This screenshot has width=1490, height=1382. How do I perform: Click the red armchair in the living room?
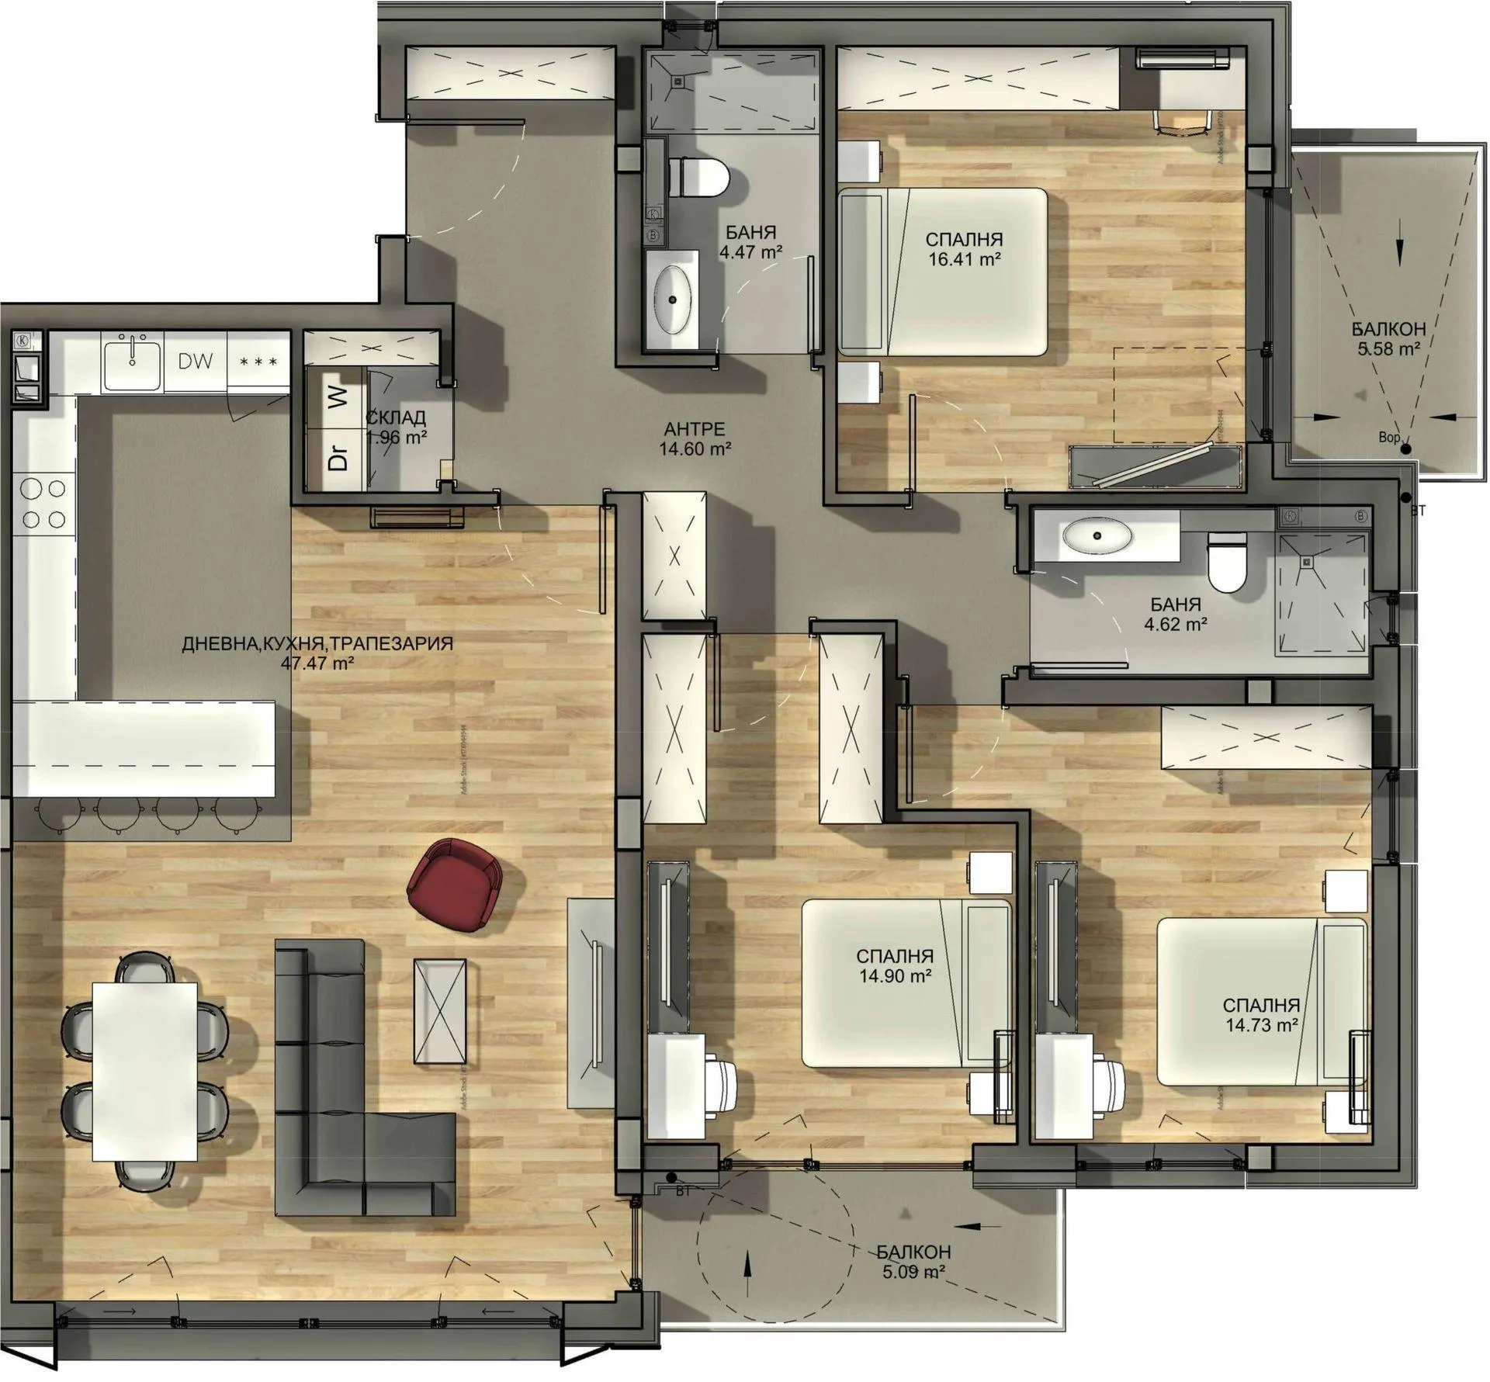(455, 883)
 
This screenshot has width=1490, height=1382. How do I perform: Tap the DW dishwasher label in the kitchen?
(196, 361)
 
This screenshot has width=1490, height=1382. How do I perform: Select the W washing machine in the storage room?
(337, 399)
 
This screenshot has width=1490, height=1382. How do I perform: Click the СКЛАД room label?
(396, 417)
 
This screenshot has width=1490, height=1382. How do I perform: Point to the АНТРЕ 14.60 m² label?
(695, 438)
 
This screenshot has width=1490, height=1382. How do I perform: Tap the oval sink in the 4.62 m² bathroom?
(1097, 535)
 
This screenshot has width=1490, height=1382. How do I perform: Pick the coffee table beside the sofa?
(440, 1012)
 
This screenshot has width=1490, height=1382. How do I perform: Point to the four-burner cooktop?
(43, 504)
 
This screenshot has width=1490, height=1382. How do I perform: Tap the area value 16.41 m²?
(964, 259)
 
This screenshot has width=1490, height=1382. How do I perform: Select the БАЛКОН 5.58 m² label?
(1388, 339)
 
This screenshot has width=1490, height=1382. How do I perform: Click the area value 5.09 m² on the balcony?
(913, 1271)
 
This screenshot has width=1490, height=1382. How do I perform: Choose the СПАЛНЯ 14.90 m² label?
(895, 966)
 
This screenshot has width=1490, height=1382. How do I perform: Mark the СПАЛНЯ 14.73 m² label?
(1261, 1015)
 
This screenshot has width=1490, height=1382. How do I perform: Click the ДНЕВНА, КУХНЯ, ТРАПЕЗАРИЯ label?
(317, 643)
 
